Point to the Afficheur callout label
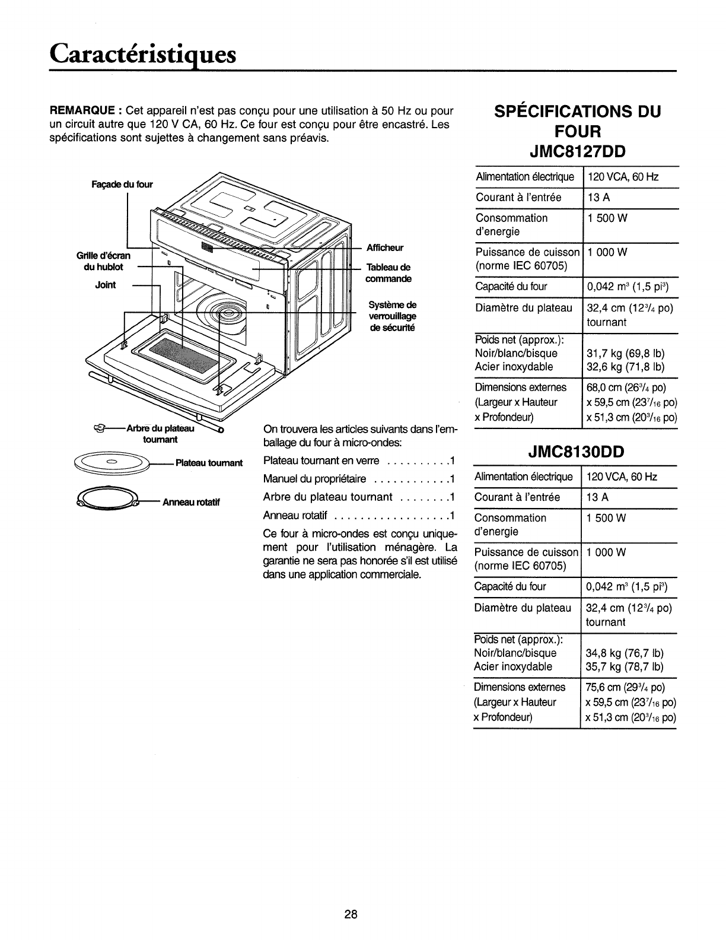point(385,248)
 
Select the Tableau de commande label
point(389,273)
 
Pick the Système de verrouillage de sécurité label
point(392,317)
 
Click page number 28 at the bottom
point(350,914)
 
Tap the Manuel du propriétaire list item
point(314,479)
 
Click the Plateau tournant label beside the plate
point(209,463)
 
